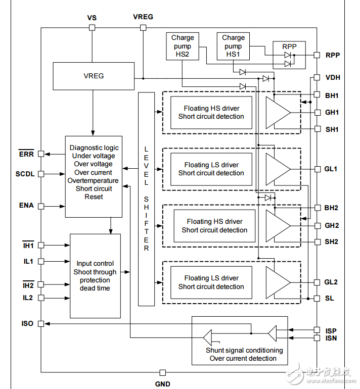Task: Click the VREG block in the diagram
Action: [x=93, y=76]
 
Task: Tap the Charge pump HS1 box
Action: [x=233, y=45]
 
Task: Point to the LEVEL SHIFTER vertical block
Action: [x=146, y=199]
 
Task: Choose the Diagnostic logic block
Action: [x=94, y=176]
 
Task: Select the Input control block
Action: [x=95, y=276]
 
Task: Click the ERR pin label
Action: [x=26, y=154]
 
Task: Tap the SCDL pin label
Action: [x=25, y=174]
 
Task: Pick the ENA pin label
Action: [x=26, y=206]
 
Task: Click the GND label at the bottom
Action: [x=162, y=383]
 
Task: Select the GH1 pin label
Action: [x=332, y=112]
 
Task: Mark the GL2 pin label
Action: [x=332, y=282]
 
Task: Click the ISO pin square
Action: [x=41, y=323]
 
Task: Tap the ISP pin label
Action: [x=331, y=330]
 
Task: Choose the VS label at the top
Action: [x=92, y=18]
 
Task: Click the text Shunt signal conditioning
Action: [x=244, y=350]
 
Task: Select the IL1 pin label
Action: [x=28, y=261]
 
